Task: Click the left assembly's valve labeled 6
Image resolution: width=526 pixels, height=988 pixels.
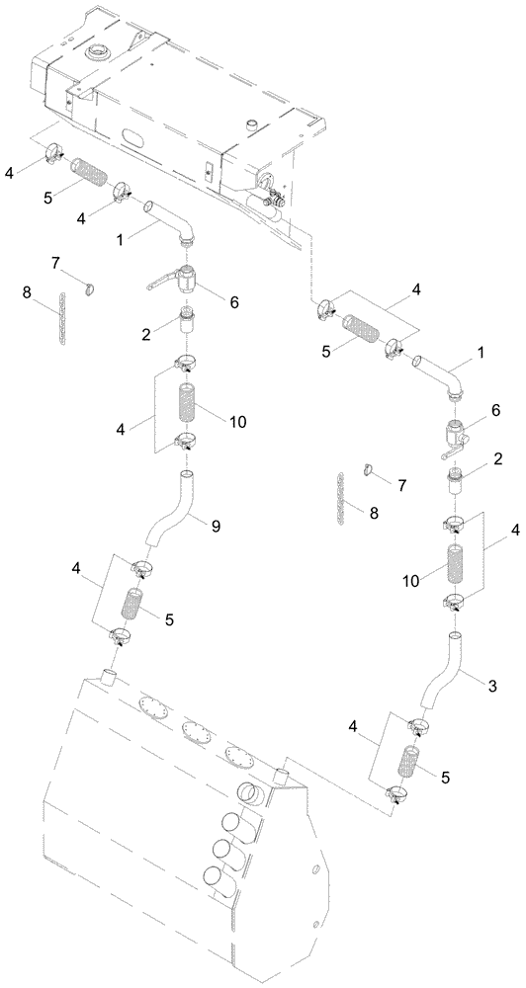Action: pyautogui.click(x=184, y=283)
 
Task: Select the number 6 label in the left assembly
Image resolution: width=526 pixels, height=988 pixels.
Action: pyautogui.click(x=233, y=303)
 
